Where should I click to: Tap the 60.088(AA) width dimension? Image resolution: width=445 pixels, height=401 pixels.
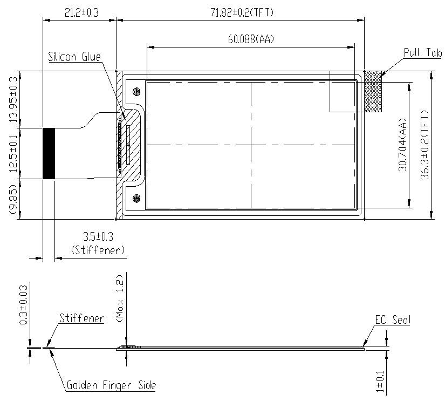pos(250,39)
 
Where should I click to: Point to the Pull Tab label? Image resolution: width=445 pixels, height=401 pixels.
pos(423,52)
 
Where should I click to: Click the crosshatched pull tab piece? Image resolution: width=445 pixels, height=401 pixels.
pos(373,92)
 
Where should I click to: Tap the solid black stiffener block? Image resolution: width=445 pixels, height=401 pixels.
pos(49,153)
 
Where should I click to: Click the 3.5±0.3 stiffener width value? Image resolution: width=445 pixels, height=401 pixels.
pos(98,237)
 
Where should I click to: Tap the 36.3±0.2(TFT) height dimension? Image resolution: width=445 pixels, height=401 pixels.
pos(425,145)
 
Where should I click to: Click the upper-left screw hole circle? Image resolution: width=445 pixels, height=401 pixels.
pos(136,91)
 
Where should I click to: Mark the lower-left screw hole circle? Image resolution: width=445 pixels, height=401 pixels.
pos(136,198)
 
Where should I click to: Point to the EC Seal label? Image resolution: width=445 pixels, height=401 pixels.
pos(392,320)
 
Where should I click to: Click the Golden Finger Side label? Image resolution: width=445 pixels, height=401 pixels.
pos(111,385)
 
